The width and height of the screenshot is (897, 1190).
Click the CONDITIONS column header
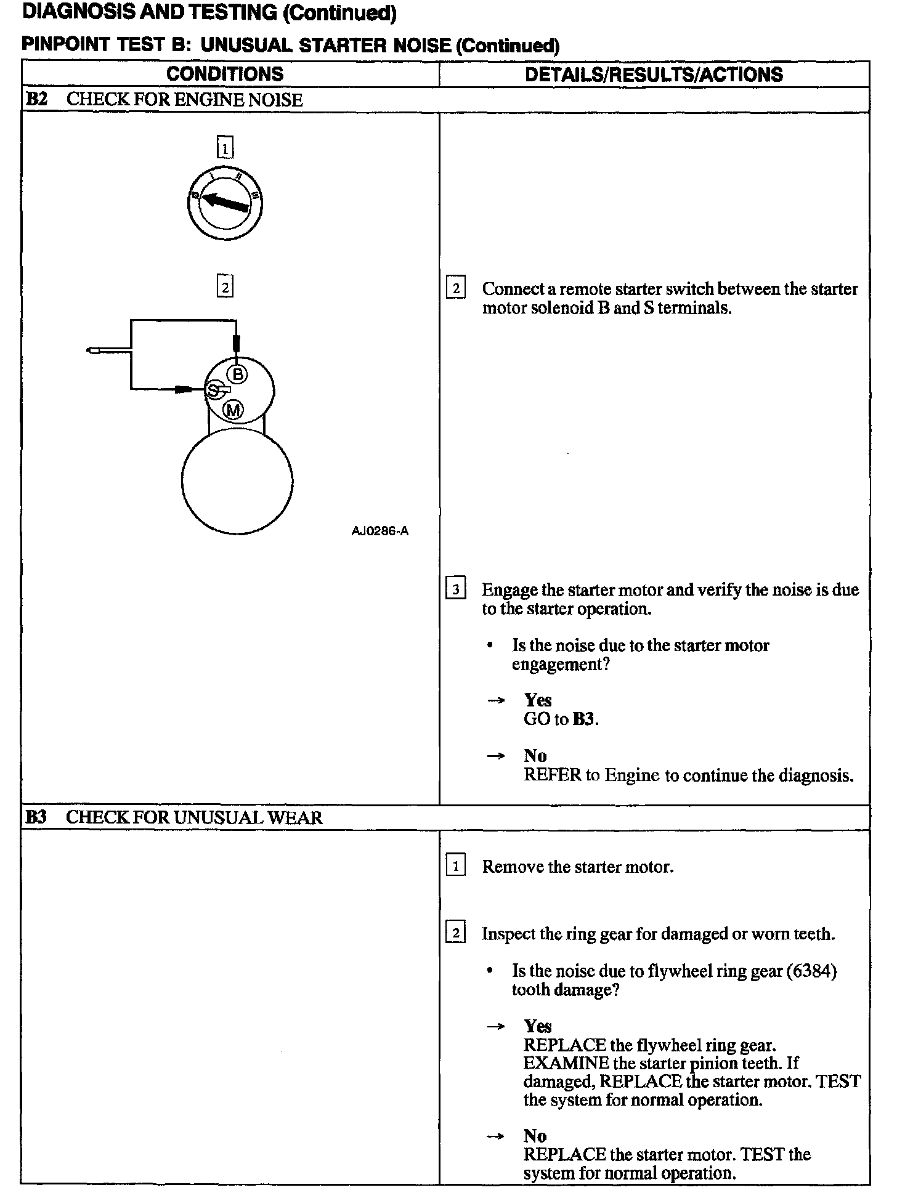point(225,75)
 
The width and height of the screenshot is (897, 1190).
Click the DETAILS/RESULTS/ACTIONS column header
point(654,75)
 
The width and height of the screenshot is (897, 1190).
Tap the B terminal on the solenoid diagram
point(237,374)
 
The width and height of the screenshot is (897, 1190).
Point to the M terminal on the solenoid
point(233,410)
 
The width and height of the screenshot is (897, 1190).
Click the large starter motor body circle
point(237,481)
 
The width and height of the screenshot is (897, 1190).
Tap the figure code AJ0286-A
point(379,531)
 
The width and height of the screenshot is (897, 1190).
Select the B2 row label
point(38,100)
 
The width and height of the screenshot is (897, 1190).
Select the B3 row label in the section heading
point(36,817)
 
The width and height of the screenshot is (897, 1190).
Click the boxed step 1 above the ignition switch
point(225,148)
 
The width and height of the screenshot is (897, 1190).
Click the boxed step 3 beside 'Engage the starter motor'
point(455,589)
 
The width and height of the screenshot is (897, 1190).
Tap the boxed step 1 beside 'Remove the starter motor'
point(455,866)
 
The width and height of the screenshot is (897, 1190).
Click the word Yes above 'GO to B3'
point(537,700)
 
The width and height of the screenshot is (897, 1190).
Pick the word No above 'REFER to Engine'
point(535,756)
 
